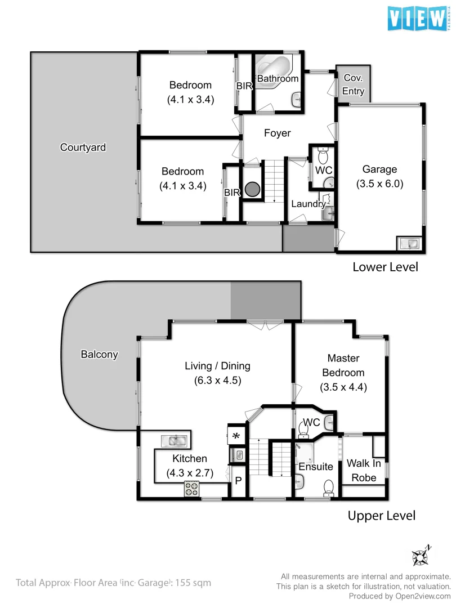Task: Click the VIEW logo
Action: point(417,19)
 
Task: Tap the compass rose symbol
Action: point(421,556)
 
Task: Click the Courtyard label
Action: point(83,147)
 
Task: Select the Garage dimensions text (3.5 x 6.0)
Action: point(379,184)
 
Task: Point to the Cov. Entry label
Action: point(354,84)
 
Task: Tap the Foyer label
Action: point(278,133)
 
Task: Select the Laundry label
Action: point(308,204)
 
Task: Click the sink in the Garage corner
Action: point(409,243)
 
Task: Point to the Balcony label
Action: point(99,354)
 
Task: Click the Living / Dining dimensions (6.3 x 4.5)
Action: point(217,380)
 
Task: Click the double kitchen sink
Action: point(176,440)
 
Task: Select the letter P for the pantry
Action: point(238,481)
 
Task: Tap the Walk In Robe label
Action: point(364,470)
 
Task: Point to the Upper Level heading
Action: point(381,515)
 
